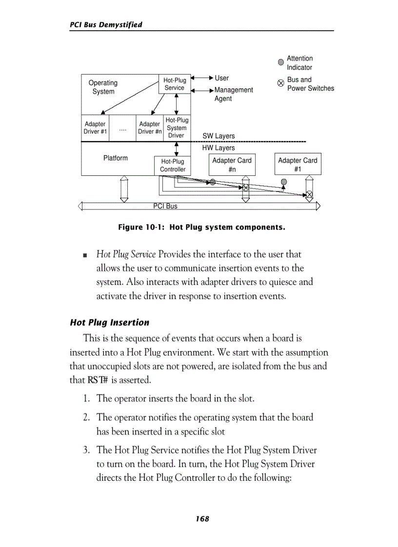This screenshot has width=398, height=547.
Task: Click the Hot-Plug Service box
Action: point(174,84)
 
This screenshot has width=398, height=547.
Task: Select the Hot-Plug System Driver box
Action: point(176,128)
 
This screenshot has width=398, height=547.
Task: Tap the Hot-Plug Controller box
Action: point(173,166)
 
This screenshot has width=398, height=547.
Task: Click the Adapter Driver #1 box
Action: point(95,128)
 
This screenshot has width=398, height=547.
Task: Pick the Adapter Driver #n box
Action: point(150,128)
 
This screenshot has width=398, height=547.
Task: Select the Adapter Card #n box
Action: point(232,165)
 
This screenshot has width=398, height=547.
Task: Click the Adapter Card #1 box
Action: point(297,165)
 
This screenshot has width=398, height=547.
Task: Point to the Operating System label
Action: point(103,87)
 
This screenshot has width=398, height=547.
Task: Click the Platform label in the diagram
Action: point(116,158)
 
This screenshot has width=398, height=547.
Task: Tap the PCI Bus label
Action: point(165,206)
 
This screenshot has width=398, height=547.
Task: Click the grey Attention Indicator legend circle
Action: point(280,62)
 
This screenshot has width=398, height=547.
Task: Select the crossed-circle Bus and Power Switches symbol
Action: point(280,83)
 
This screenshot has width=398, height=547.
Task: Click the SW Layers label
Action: point(219,136)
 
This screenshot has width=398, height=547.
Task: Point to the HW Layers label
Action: point(219,148)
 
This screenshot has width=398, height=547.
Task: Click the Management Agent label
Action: point(234,94)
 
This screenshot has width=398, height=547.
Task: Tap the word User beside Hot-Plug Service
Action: point(221,78)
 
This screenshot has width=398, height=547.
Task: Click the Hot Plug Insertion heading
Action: point(110,322)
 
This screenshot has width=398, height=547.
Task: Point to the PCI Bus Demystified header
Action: point(106,24)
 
